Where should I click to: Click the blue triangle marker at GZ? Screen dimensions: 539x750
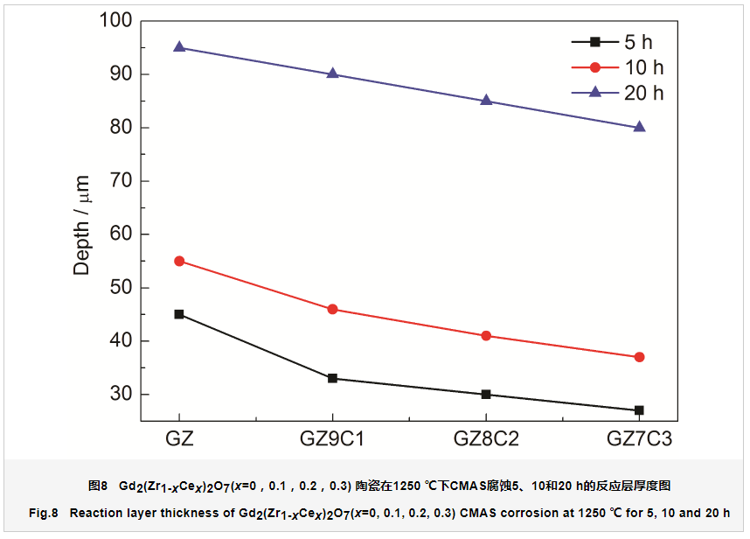[x=179, y=47]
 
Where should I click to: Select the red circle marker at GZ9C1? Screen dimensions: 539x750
[x=332, y=309]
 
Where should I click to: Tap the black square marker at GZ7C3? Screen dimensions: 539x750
[x=639, y=410]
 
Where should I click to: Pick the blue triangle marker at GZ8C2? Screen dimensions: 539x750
[x=486, y=101]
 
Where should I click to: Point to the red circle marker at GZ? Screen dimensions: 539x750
[x=179, y=261]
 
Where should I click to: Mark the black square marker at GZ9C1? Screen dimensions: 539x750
[x=332, y=379]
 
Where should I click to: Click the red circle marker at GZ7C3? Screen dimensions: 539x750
[x=639, y=357]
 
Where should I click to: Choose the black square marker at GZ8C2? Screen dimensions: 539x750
[x=486, y=395]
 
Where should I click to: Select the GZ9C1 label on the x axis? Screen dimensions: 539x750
[x=332, y=438]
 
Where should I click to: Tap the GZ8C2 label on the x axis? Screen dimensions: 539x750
[x=486, y=438]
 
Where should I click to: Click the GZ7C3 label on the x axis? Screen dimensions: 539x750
[x=639, y=438]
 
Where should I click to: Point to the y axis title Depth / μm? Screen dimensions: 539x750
[x=82, y=225]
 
